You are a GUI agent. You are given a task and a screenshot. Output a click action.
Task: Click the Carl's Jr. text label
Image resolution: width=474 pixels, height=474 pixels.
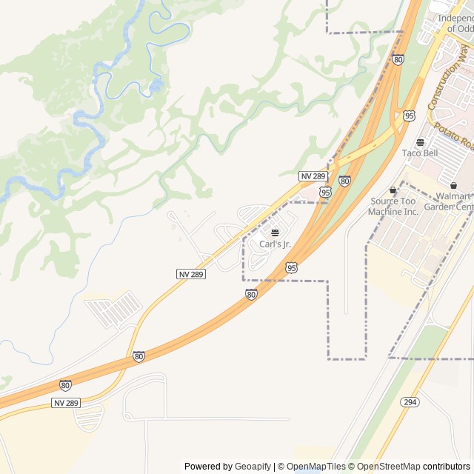point(276,244)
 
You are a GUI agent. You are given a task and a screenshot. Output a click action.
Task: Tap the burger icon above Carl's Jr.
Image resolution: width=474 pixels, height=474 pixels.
point(276,233)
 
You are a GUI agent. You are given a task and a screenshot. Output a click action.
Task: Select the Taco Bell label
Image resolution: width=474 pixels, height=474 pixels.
point(420,153)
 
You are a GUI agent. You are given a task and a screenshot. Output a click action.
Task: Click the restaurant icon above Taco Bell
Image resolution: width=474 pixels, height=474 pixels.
point(420,142)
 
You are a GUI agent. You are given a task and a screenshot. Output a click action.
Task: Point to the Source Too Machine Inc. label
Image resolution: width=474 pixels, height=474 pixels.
point(394,206)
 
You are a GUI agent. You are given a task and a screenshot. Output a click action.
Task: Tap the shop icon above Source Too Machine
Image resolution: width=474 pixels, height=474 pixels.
point(393,190)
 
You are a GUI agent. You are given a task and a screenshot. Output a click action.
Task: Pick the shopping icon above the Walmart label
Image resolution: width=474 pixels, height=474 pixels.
point(453,186)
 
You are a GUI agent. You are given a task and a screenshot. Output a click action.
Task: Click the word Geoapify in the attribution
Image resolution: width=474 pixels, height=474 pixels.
point(253,467)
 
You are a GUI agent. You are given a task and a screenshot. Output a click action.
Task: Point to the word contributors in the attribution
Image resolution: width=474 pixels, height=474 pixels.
point(447,467)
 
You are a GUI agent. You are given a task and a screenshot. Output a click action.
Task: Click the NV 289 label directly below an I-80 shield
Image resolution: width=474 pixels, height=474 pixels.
point(65,402)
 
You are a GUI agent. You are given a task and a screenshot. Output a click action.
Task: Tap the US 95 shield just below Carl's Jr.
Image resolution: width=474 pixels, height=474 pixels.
point(292,267)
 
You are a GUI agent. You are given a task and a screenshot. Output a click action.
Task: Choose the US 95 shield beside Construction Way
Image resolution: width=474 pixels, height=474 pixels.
point(410,116)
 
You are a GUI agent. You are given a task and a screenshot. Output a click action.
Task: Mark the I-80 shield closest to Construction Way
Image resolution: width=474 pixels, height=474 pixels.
point(398,60)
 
